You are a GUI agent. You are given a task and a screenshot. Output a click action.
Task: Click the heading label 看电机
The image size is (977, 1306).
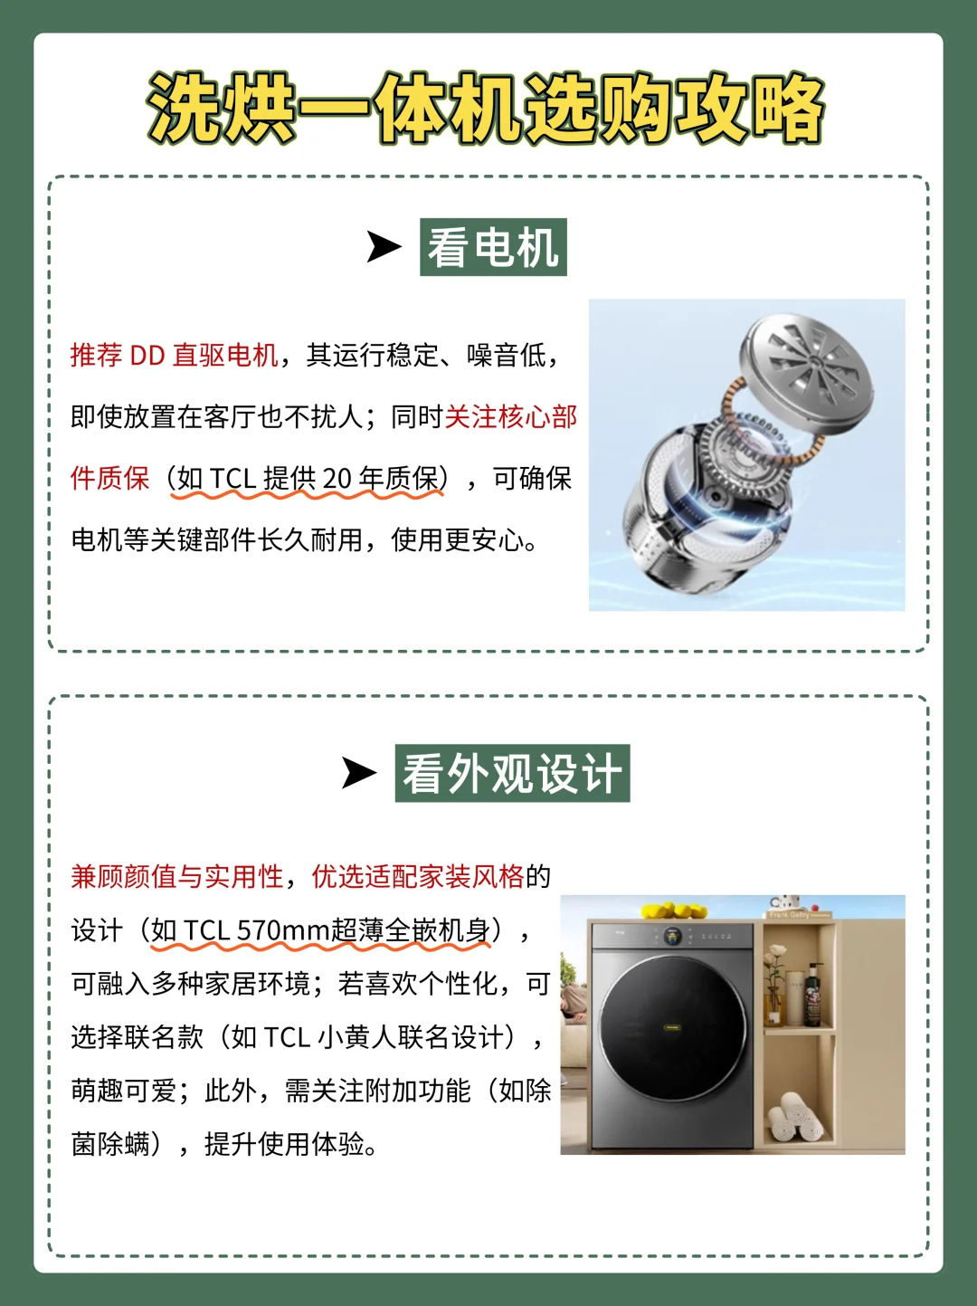[493, 247]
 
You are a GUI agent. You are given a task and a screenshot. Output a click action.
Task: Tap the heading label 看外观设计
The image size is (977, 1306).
[512, 773]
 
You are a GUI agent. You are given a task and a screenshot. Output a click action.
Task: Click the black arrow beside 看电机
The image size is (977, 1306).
[384, 246]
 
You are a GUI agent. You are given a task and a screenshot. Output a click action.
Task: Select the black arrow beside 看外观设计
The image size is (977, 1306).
[358, 773]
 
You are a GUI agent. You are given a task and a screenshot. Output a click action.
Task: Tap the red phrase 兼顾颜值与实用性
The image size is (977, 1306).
[177, 876]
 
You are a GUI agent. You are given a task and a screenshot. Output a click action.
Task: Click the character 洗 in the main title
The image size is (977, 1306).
[184, 109]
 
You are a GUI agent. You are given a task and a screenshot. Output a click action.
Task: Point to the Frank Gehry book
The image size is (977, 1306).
[797, 914]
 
